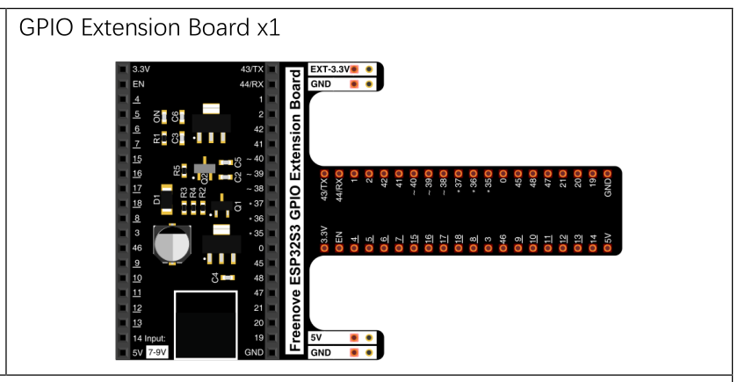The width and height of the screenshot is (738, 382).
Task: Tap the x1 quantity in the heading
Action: pos(269,29)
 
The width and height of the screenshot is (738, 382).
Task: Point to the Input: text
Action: pos(156,338)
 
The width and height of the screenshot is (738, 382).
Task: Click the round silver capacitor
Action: pos(172,245)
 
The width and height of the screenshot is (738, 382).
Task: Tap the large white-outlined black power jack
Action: pos(206,325)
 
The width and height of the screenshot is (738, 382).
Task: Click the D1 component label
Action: pos(157,199)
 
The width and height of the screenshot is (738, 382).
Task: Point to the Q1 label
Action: pos(238,205)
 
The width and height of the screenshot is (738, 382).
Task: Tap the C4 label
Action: pos(215,278)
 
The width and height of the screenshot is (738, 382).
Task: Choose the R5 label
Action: pos(177,170)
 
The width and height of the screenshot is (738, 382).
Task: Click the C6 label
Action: pos(175,116)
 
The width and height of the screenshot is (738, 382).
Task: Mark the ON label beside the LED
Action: pos(156,116)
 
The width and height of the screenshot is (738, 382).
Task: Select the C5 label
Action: pos(238,162)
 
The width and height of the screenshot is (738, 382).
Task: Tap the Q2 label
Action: pos(205,177)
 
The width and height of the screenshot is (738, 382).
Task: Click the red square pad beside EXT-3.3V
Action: pos(354,69)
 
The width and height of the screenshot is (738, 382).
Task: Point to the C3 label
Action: pos(175,139)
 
